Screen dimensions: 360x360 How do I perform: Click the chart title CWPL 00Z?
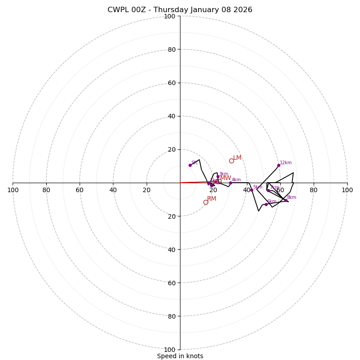(180, 10)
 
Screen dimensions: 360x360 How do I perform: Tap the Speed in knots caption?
(180, 356)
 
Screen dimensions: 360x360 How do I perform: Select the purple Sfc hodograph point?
(190, 165)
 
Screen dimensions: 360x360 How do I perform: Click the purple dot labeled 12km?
(279, 165)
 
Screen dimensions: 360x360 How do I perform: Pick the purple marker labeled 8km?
(286, 200)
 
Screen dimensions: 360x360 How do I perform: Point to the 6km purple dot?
(266, 204)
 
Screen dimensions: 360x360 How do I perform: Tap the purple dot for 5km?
(252, 190)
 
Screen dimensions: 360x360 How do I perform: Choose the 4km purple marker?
(230, 183)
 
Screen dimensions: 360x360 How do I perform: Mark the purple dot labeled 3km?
(218, 177)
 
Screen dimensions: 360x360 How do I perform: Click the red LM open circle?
(231, 161)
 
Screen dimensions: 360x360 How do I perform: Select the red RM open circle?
(206, 202)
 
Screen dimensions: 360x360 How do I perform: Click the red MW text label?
(225, 178)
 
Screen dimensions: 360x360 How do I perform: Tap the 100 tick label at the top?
(170, 16)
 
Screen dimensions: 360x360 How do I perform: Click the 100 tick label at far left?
(13, 190)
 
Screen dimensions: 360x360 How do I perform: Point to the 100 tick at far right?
(347, 190)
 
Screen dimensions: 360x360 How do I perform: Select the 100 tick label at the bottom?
(170, 349)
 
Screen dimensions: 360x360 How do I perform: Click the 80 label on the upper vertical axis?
(171, 49)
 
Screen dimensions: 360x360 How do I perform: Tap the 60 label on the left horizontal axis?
(80, 190)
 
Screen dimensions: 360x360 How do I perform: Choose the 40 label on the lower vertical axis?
(171, 249)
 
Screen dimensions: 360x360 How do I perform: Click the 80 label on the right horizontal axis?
(314, 190)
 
